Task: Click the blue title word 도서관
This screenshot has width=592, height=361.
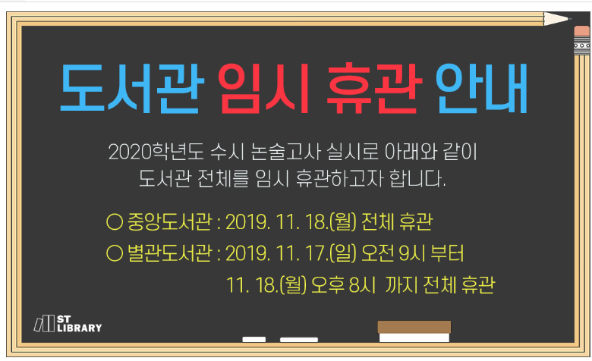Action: click(x=132, y=88)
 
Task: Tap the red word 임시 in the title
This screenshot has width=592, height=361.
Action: click(x=263, y=88)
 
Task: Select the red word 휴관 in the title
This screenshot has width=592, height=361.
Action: click(x=373, y=88)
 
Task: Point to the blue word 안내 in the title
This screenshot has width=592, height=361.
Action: click(x=481, y=88)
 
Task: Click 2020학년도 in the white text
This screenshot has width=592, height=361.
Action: click(x=156, y=152)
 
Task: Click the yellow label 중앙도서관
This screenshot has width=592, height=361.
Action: click(x=170, y=221)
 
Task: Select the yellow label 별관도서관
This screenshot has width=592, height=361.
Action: click(x=170, y=253)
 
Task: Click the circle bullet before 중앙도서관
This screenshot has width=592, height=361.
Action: click(x=115, y=221)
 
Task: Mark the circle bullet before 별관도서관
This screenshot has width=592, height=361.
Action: click(x=115, y=253)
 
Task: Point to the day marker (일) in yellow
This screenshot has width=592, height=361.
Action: click(x=343, y=253)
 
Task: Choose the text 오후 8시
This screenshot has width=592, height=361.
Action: click(x=343, y=285)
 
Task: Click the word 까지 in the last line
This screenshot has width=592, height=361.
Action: click(x=401, y=285)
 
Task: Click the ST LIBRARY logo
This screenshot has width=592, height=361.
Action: click(x=68, y=324)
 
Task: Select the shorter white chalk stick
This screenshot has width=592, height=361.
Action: click(x=253, y=340)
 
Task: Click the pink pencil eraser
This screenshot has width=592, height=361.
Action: click(x=582, y=31)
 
